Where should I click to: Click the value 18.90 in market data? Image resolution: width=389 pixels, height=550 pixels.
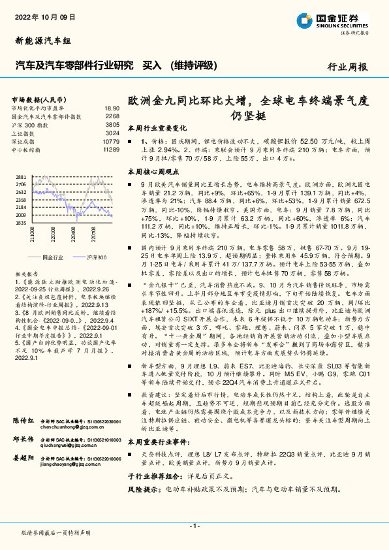coord(112,108)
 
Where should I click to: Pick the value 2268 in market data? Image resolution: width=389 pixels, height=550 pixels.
coord(112,116)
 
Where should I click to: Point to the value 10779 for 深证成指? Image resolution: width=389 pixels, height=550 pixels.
coord(111,141)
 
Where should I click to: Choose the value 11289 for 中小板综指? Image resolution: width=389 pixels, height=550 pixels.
coord(111,150)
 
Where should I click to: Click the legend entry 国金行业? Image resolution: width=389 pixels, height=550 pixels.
coord(52,258)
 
